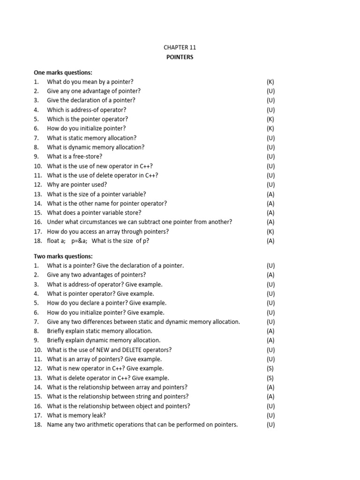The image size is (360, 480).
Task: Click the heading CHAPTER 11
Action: click(180, 48)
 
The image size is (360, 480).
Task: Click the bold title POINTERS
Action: click(180, 57)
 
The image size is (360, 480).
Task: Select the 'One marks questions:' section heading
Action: click(63, 72)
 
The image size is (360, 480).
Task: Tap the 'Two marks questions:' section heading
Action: click(63, 256)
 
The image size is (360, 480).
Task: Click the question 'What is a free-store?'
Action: click(75, 157)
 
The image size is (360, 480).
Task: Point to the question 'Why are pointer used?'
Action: click(77, 185)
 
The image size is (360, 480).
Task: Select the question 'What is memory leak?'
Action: click(76, 415)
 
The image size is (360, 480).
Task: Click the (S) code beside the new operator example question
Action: click(270, 368)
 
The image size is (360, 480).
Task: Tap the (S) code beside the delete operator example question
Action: click(270, 378)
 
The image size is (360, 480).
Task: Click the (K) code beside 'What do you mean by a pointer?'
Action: click(270, 82)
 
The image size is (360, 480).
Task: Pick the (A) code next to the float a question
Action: click(270, 241)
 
